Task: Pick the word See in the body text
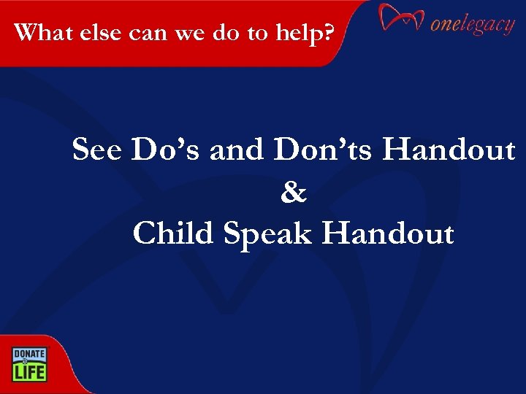point(99,150)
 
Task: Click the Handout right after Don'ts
point(449,150)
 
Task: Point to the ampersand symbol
point(294,193)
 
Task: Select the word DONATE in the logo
point(28,354)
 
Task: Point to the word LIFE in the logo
point(28,372)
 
